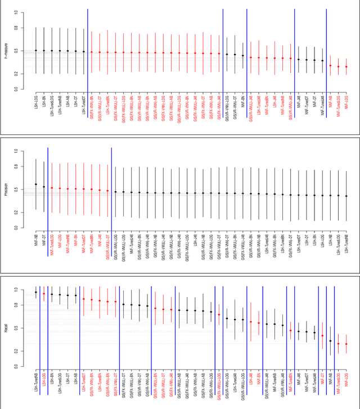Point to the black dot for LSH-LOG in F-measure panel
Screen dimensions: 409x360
[x=36, y=50]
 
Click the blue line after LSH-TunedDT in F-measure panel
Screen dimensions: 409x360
[x=88, y=51]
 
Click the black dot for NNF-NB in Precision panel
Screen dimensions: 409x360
[x=36, y=184]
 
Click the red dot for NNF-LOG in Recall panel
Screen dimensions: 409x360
[x=346, y=344]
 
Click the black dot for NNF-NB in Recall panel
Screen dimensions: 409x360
[x=330, y=341]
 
